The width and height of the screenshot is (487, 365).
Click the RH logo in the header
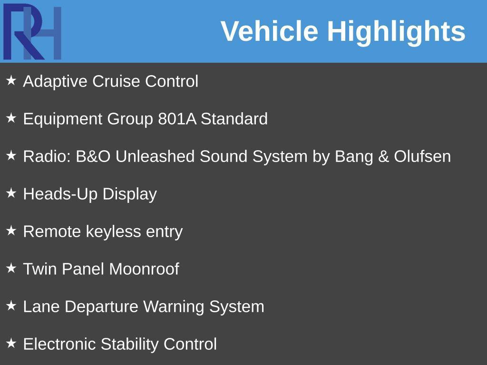[32, 31]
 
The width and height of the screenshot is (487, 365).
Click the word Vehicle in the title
[270, 31]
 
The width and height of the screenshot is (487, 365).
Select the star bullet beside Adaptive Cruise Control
[11, 80]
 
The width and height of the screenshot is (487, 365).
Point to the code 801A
[177, 118]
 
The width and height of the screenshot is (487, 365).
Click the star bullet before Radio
[11, 155]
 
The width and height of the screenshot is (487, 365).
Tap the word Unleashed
[155, 156]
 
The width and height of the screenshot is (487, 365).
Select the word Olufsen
[422, 156]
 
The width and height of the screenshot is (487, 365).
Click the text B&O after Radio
[93, 156]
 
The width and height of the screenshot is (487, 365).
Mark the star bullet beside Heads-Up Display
[11, 193]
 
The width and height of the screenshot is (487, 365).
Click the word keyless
[113, 232]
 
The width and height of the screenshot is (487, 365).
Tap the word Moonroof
[144, 269]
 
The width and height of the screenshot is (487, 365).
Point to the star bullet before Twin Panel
[11, 268]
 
